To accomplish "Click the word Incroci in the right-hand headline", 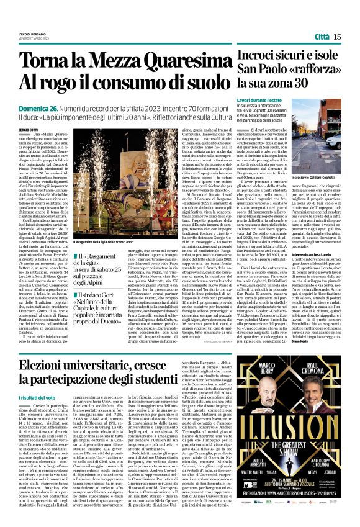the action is click(261, 58).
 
